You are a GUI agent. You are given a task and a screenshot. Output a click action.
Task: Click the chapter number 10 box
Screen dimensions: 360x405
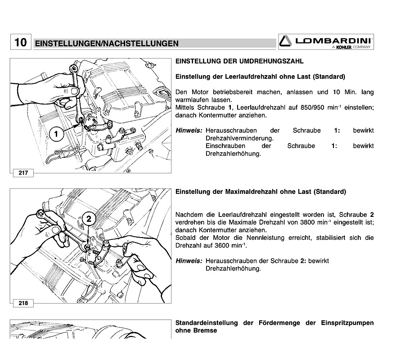coord(20,43)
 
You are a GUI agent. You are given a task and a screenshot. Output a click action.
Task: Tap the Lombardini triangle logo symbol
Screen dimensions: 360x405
coord(286,41)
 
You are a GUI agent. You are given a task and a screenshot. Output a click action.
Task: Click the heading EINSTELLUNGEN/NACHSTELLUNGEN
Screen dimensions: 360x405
coord(107,44)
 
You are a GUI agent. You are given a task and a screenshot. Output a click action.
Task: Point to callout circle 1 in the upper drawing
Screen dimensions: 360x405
coord(56,134)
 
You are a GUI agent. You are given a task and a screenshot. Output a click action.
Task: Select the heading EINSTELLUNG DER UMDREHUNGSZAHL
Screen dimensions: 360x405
coord(239,61)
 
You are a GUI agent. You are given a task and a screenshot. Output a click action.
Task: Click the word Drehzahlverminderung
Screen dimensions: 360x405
coord(239,138)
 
